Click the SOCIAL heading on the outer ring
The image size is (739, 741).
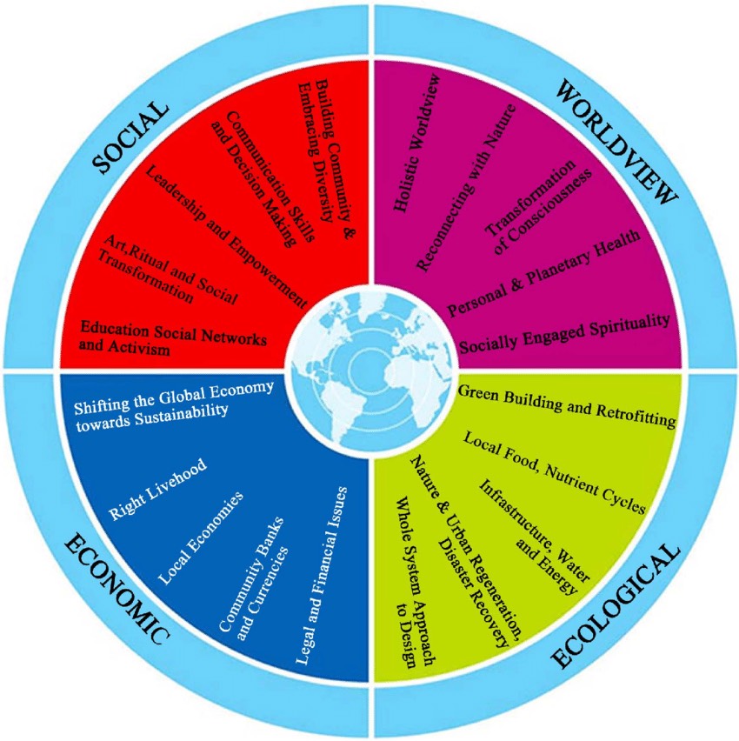coord(131,137)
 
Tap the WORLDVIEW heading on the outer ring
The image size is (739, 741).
coord(616,141)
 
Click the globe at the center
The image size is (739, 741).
coord(371,370)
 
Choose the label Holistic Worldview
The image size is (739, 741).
coord(416,143)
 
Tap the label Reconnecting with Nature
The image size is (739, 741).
coord(466,187)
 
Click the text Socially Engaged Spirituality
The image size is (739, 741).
coord(564,333)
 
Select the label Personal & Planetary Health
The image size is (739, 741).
coord(544,273)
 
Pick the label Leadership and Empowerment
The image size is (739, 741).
coord(226,237)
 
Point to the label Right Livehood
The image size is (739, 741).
coord(158,489)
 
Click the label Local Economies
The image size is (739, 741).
coord(201,537)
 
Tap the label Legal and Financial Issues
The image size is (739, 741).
coord(322,575)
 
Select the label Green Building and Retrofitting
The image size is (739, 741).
coord(567,406)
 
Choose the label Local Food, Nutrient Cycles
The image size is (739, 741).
coord(554,472)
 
